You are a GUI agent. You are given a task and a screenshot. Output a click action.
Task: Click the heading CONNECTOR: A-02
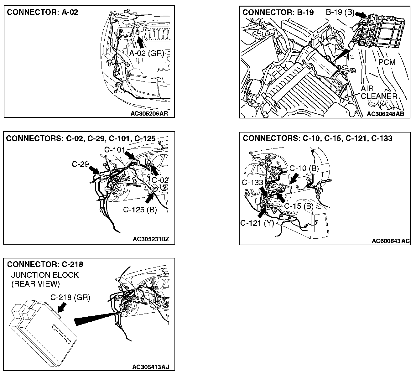pos(43,12)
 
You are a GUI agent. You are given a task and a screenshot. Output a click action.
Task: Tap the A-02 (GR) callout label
pos(147,54)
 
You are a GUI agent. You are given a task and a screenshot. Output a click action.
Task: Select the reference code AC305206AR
pos(149,113)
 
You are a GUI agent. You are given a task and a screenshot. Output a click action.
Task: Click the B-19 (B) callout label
pos(340,13)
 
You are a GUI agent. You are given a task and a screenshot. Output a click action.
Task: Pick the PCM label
pos(387,62)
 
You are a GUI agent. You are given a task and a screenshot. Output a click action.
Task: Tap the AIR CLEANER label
pos(379,93)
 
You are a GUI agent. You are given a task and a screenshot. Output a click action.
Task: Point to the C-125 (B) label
pos(140,210)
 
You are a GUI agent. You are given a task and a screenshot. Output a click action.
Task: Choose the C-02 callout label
pos(160,180)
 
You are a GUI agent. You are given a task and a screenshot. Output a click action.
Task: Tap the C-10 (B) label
pos(304,169)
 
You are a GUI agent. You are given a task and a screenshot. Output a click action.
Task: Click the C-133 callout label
pos(252,182)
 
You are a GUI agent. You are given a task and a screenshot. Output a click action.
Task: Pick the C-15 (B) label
pos(299,206)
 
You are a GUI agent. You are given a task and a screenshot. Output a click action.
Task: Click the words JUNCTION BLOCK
pos(45,275)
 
